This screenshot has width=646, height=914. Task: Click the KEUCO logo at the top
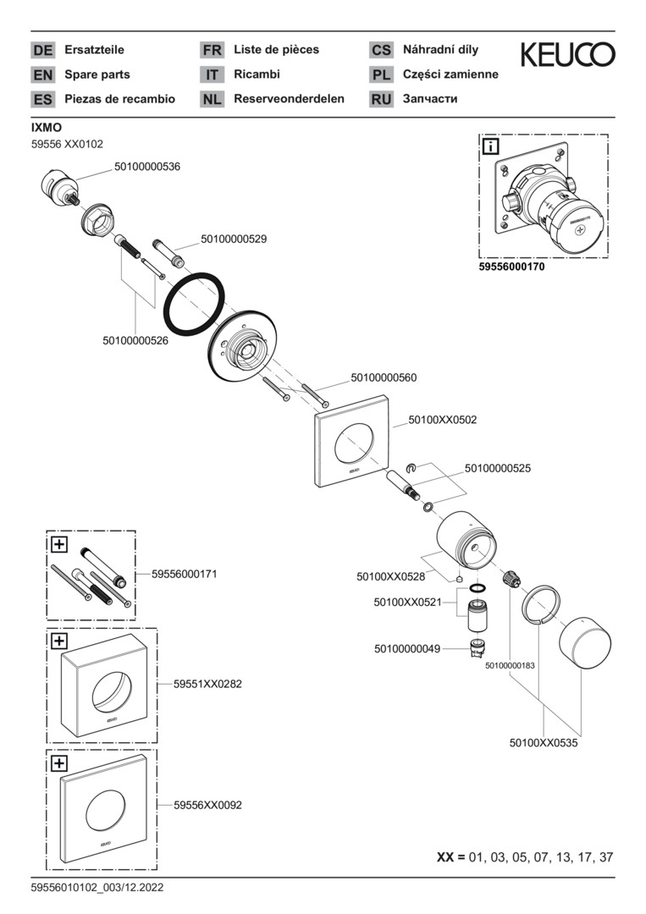coord(567,56)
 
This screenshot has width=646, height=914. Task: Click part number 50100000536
coord(147,167)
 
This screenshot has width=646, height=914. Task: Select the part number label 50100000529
coord(234,240)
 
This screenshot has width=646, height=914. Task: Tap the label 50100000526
coord(135,340)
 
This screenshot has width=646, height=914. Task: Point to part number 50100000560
coord(384,377)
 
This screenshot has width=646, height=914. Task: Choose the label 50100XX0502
coord(443,419)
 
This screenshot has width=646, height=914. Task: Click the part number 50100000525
coord(498,467)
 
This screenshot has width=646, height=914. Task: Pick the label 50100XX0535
coord(543,742)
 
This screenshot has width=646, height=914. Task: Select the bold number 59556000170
coord(511,267)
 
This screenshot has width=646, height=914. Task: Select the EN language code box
coord(42,74)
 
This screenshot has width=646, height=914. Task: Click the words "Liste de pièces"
coord(276,50)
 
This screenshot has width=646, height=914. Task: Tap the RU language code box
coord(381,99)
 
